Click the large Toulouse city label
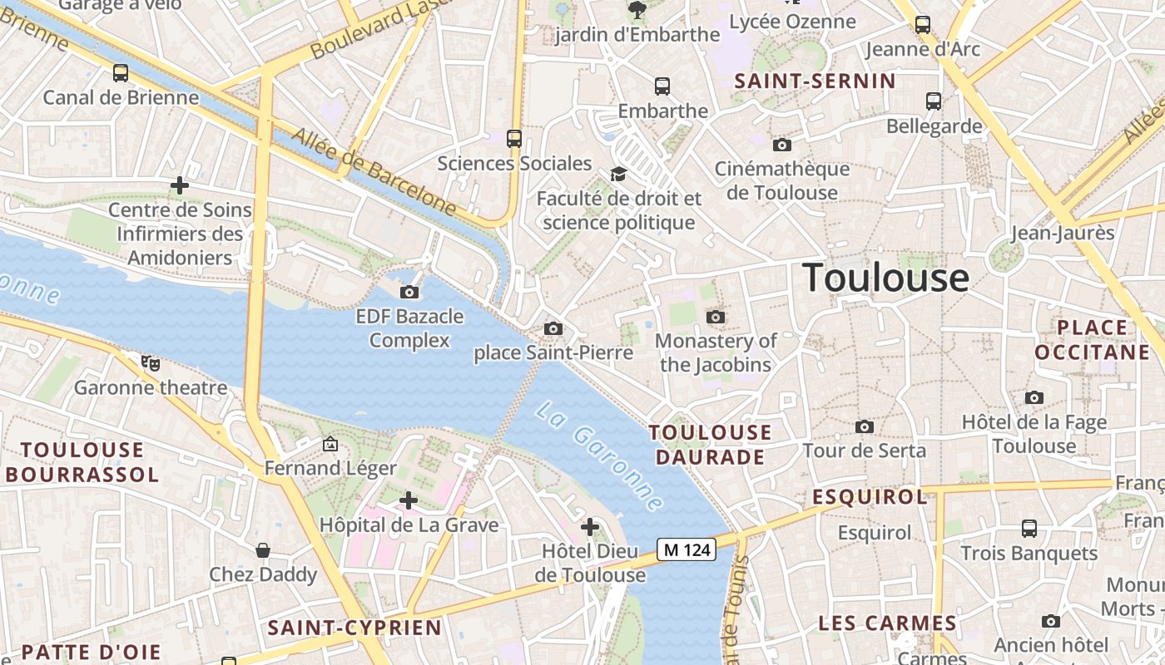click(x=885, y=278)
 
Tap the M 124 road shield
click(x=687, y=549)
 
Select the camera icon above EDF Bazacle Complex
click(x=409, y=292)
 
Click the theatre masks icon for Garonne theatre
click(x=151, y=362)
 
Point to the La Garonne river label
click(x=599, y=456)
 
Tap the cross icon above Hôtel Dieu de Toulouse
click(x=590, y=527)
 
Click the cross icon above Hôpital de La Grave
click(x=409, y=500)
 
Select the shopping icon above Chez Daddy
click(x=263, y=550)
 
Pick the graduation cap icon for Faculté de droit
click(x=618, y=174)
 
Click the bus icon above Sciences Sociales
click(x=514, y=139)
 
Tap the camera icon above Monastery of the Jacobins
click(x=715, y=317)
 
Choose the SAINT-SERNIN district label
click(x=815, y=81)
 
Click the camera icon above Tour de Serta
click(x=865, y=426)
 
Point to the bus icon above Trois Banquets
click(x=1029, y=529)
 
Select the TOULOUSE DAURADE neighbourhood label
click(x=711, y=445)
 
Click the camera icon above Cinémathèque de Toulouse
click(x=781, y=145)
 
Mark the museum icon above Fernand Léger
click(x=330, y=445)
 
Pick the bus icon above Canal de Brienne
click(x=121, y=73)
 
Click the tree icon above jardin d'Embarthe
click(x=637, y=10)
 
